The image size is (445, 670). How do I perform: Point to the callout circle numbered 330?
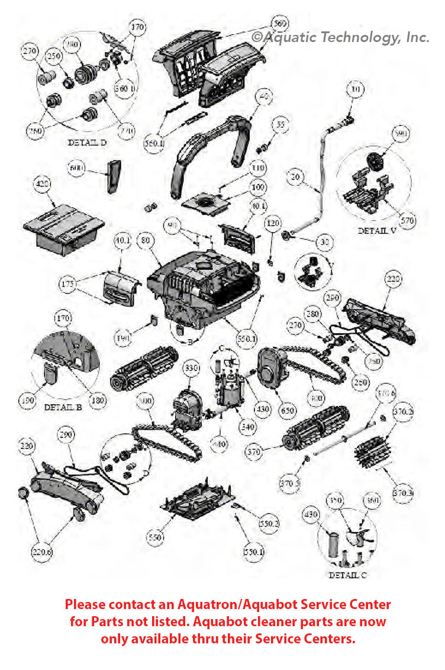click(191, 368)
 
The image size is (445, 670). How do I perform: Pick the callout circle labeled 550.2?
click(268, 523)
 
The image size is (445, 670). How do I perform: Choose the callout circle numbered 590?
click(401, 135)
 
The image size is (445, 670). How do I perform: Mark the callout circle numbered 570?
click(407, 221)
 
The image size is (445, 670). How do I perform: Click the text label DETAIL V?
click(376, 231)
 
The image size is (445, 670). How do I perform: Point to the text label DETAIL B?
click(63, 408)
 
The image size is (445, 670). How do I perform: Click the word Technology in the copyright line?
click(363, 37)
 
